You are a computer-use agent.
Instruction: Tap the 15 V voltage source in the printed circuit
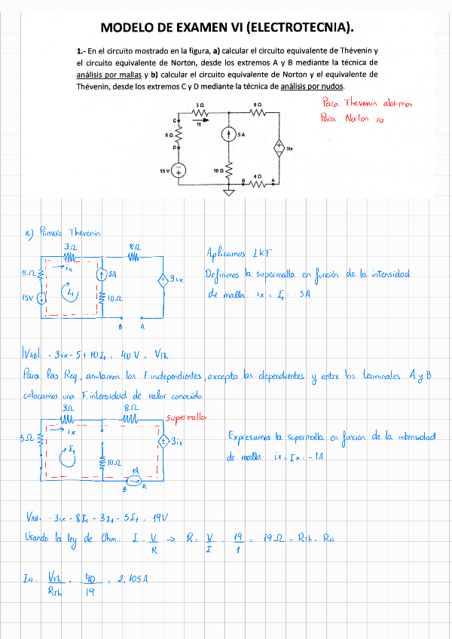click(179, 171)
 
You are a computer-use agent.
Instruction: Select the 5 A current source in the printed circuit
click(228, 135)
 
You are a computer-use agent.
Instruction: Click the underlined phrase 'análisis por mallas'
click(105, 75)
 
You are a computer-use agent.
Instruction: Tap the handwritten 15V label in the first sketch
click(29, 298)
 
